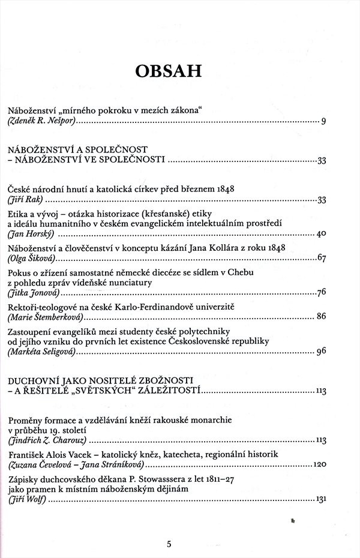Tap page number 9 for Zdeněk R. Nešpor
323,122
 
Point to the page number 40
320,233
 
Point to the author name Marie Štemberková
46,316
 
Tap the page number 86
321,316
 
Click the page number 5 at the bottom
170,544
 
